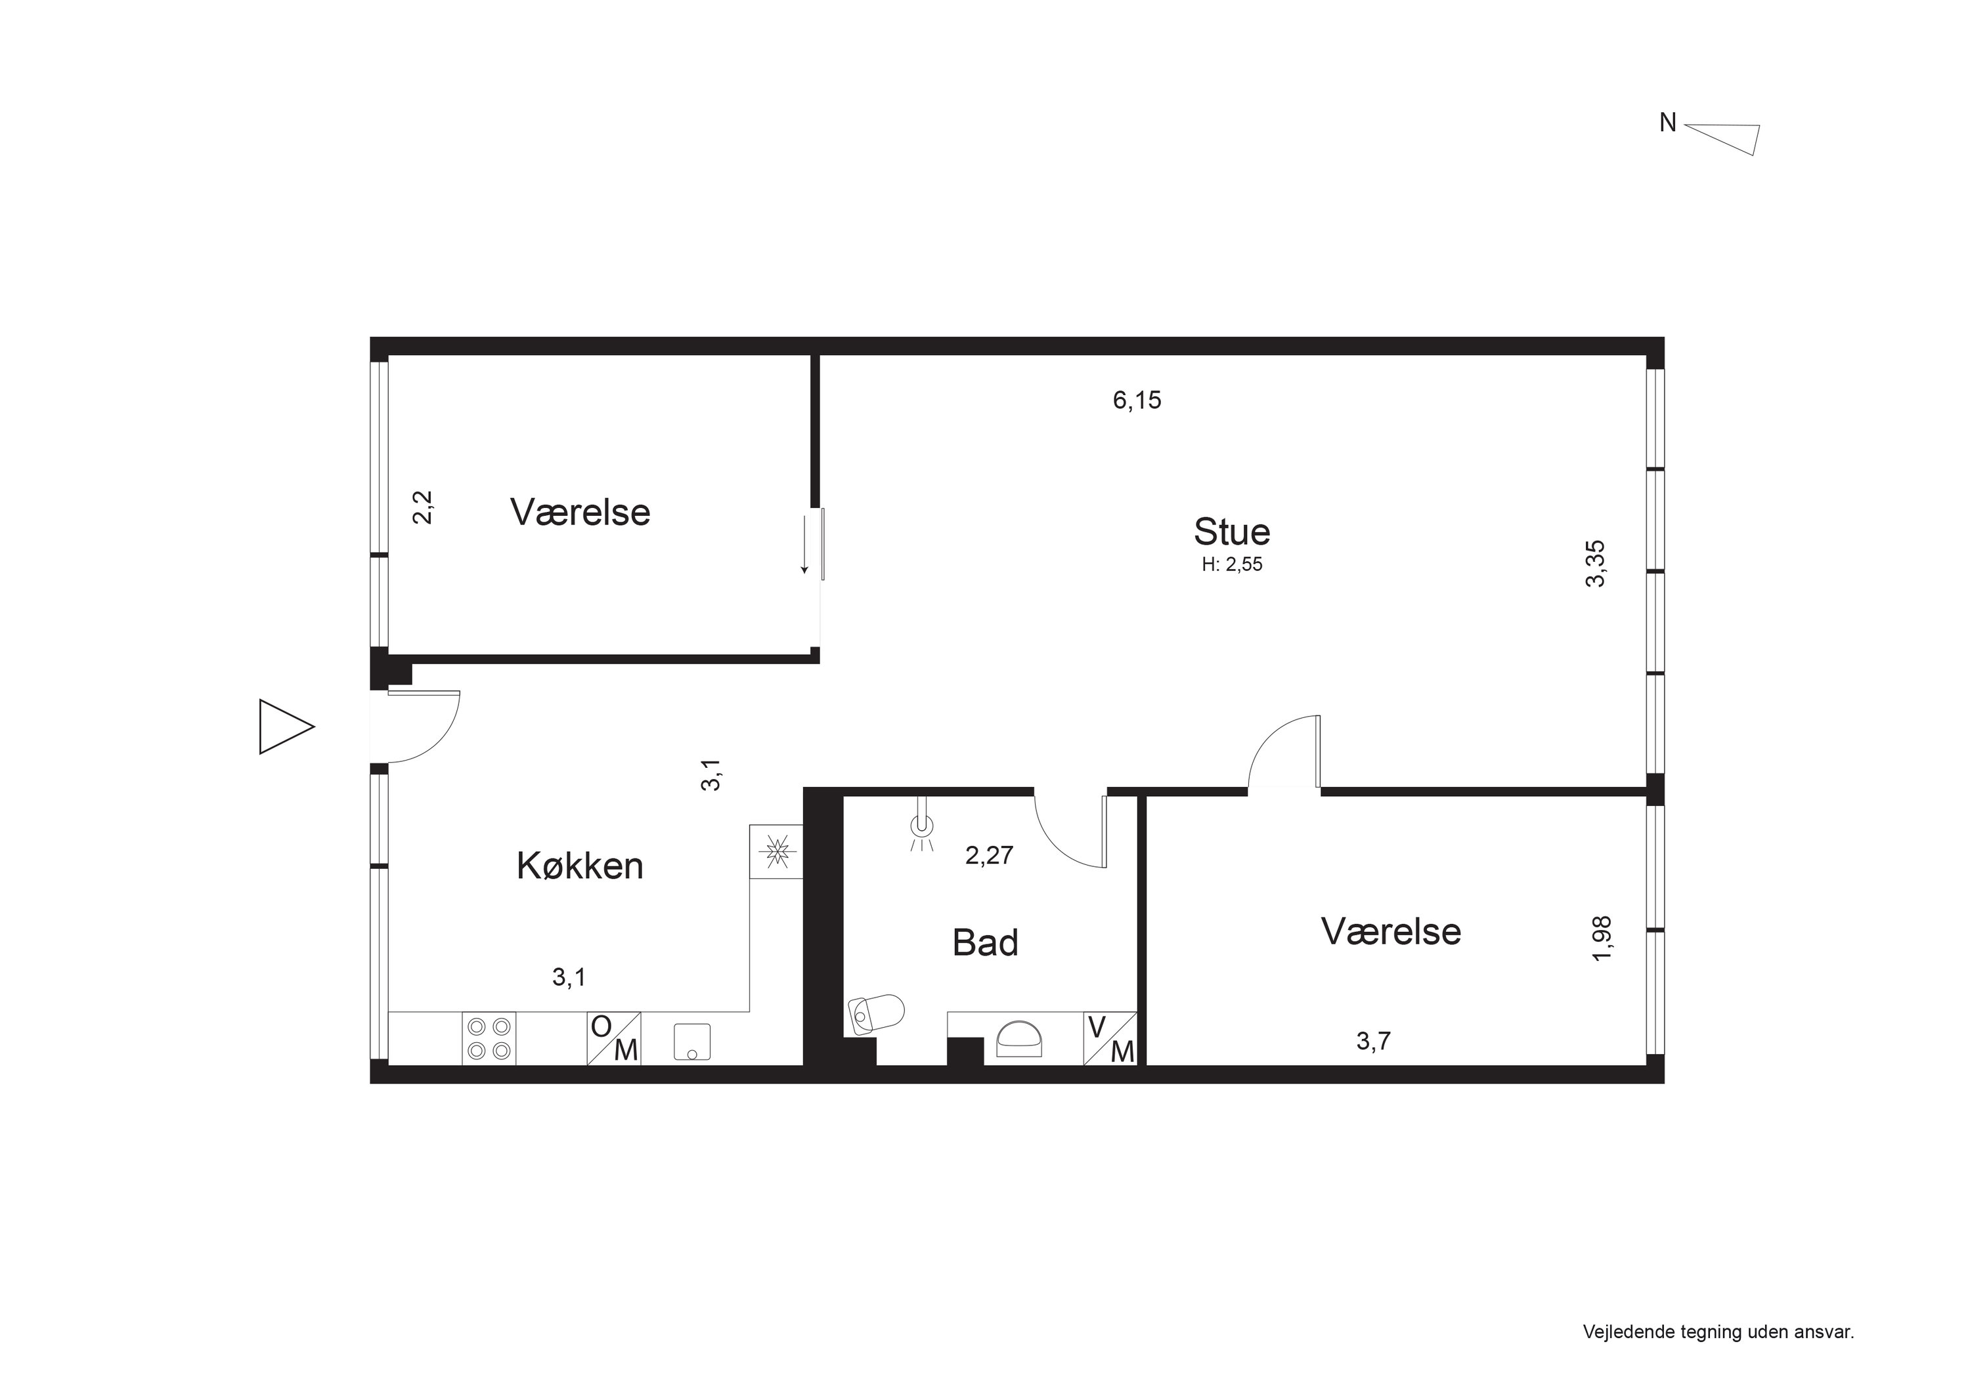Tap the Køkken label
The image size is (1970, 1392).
[579, 866]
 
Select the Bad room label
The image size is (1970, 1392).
[985, 942]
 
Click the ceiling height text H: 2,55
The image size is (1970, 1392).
[1232, 565]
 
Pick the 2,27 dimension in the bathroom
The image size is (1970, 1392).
[990, 855]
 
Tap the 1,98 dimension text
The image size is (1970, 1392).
[1602, 939]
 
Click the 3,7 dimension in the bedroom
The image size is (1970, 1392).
[1373, 1042]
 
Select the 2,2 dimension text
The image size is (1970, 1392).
[424, 507]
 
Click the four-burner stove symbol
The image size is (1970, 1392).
[489, 1039]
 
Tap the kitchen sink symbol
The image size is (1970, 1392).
[691, 1042]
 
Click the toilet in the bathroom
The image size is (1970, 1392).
[875, 1013]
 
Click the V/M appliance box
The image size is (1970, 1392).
[1110, 1039]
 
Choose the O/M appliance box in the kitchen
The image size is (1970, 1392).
[613, 1039]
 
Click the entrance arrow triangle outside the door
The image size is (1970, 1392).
[284, 727]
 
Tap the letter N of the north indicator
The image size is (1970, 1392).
[1667, 123]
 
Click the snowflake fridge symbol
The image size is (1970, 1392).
[776, 852]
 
